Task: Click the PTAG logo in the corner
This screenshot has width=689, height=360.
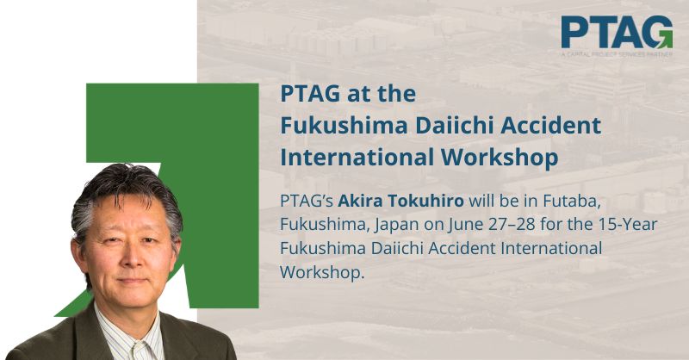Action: pos(617,36)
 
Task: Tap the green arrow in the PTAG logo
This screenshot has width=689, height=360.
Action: pos(665,40)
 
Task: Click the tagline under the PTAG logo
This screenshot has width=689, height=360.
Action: pos(617,54)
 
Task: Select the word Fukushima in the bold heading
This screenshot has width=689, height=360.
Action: pos(344,126)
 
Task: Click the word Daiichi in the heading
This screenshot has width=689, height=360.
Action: pos(454,126)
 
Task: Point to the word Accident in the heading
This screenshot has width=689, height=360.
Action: pos(550,126)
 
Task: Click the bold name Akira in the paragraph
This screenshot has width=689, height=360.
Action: pos(357,201)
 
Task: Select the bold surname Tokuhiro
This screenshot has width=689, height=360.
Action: pos(422,201)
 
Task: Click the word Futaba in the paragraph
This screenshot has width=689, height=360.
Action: pos(572,202)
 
